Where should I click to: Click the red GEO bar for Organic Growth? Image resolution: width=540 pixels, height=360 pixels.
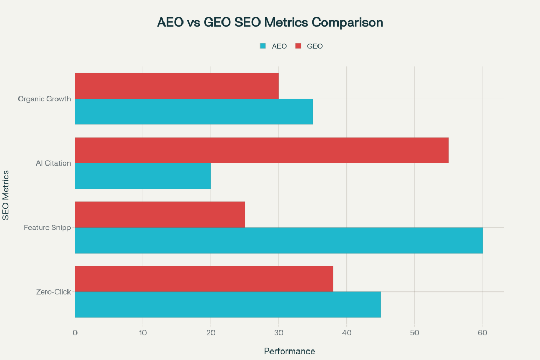[177, 85]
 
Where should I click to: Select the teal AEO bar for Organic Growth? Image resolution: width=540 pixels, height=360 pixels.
[194, 111]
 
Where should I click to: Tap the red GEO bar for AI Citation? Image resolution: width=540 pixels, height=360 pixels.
[262, 150]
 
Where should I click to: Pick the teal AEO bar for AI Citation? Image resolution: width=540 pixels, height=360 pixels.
[143, 176]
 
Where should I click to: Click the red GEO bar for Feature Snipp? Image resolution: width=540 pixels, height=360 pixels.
[160, 215]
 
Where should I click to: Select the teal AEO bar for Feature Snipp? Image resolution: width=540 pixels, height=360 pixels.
[278, 240]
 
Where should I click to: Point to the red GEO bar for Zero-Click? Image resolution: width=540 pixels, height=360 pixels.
[204, 279]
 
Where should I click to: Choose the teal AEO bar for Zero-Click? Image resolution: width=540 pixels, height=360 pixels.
[228, 305]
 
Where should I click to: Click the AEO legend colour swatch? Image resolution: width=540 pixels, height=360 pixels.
[263, 46]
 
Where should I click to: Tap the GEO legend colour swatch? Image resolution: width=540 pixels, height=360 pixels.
[298, 46]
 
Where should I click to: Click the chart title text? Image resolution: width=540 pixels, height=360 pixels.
[270, 23]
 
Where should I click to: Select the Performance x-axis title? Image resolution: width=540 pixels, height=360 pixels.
[290, 351]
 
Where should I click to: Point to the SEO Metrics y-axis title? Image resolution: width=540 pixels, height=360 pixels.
[6, 195]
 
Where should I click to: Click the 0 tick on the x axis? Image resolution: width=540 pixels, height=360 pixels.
[75, 333]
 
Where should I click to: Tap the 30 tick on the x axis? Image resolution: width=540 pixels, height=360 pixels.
[279, 333]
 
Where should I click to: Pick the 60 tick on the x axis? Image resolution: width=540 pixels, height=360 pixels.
[483, 333]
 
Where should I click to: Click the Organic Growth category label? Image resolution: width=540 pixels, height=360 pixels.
[44, 99]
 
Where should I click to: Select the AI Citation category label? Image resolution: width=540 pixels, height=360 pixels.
[53, 163]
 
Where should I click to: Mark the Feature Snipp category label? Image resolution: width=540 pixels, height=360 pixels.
[47, 228]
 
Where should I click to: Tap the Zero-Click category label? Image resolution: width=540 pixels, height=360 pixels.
[54, 292]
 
